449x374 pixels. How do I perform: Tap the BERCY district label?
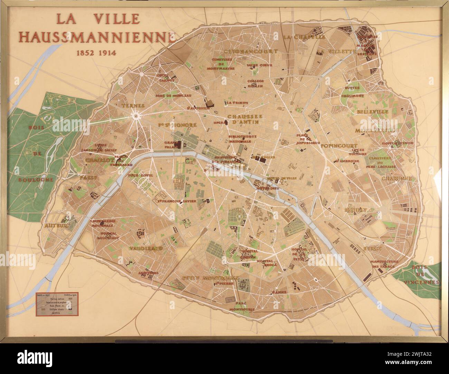tap(372, 248)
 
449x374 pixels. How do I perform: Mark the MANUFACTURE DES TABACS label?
tap(384, 264)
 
